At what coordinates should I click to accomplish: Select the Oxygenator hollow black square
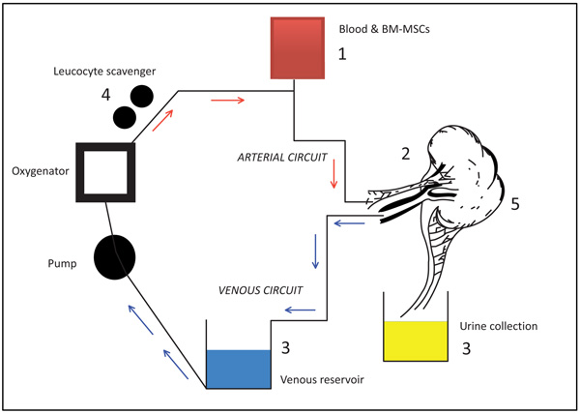(101, 175)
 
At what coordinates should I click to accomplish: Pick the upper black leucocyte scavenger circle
(141, 96)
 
